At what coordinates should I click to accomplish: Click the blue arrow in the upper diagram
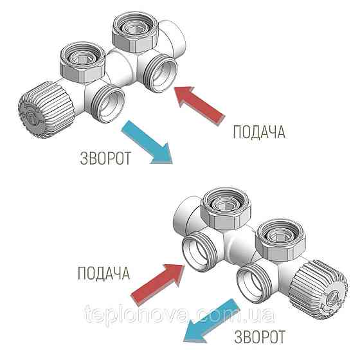(148, 142)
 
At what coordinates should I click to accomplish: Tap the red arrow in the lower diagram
(158, 284)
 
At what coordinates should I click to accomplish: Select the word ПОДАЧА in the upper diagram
(259, 132)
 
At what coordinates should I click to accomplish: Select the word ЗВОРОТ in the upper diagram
(105, 158)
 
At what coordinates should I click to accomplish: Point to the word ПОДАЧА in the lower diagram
(104, 273)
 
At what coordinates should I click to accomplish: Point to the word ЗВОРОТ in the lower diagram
(260, 337)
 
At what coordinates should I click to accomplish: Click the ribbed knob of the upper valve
(46, 110)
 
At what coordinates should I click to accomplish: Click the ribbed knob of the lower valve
(319, 289)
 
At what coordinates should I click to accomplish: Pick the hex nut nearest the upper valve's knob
(83, 62)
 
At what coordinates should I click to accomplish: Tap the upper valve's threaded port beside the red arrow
(161, 73)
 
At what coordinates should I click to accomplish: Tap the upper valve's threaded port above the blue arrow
(109, 103)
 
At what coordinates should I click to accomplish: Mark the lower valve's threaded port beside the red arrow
(199, 251)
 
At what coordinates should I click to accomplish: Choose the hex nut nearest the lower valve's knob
(280, 239)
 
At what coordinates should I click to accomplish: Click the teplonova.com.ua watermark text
(180, 314)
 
